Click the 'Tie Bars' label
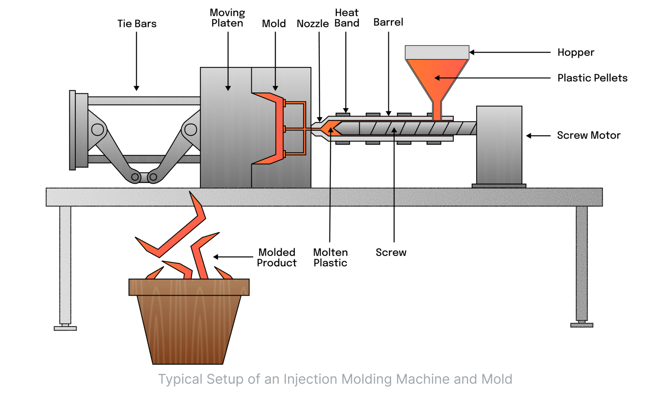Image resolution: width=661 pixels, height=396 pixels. [x=137, y=24]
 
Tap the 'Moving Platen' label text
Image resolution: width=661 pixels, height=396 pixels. [x=227, y=18]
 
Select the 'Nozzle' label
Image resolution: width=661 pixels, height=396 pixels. [x=313, y=24]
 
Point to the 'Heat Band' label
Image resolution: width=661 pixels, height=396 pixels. [x=347, y=18]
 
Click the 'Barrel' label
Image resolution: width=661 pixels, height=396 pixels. [x=388, y=22]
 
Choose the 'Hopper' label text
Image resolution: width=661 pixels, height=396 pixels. [x=576, y=52]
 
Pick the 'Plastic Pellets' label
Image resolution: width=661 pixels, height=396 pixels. [x=592, y=78]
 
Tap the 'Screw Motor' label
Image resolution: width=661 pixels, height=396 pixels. [x=588, y=136]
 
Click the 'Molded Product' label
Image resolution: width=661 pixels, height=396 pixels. [x=276, y=258]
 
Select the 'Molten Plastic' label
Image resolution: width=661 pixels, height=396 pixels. [x=330, y=258]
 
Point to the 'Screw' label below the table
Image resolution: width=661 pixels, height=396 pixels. [x=391, y=253]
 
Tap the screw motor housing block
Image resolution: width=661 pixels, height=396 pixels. [x=499, y=145]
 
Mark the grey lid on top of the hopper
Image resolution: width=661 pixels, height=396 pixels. [x=437, y=52]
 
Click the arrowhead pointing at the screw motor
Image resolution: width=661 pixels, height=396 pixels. [x=528, y=136]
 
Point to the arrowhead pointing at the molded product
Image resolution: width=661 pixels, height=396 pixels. [x=216, y=257]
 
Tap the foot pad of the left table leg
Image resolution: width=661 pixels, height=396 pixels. [x=65, y=328]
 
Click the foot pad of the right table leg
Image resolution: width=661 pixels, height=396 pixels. [x=581, y=325]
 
